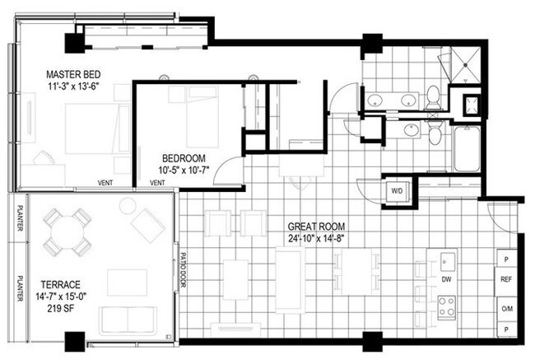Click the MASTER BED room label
tap(73, 74)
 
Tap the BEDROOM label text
tap(184, 158)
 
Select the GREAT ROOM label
tap(316, 227)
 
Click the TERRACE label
tap(61, 285)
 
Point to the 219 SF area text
tap(61, 309)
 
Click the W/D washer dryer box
tap(397, 190)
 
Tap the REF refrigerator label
tap(506, 279)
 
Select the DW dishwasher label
tap(447, 279)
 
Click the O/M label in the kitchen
tap(507, 309)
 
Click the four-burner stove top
tap(447, 306)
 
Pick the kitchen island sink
tap(447, 261)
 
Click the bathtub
tap(468, 149)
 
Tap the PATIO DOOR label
tap(183, 270)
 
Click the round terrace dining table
tap(67, 232)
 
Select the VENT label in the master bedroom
tap(105, 183)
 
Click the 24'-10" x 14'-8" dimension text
tap(316, 239)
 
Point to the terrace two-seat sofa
tap(128, 321)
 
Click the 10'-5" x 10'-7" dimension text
tap(184, 170)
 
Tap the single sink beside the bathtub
tap(412, 130)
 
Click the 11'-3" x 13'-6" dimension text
tap(73, 86)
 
